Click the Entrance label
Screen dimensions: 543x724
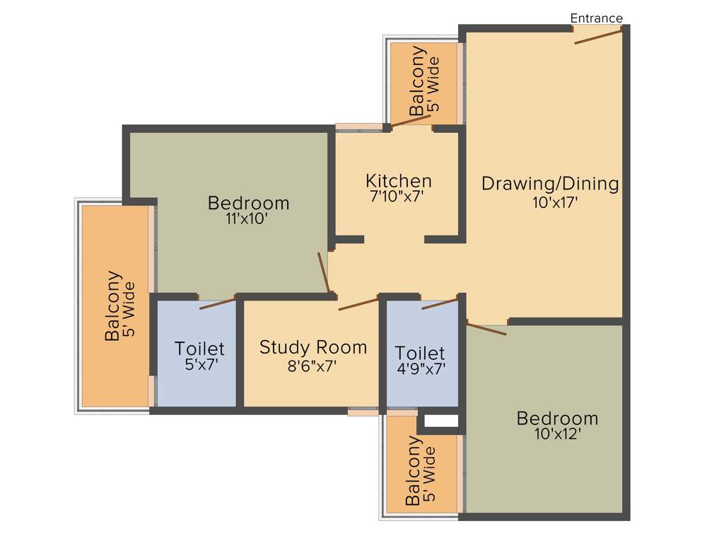596,18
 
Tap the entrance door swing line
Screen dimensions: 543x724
598,36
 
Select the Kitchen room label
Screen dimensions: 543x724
398,180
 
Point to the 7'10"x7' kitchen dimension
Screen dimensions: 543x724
398,197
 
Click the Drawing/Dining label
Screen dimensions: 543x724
550,184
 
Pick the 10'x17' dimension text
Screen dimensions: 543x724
556,202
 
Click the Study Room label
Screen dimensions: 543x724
313,347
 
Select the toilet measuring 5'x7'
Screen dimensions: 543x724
199,354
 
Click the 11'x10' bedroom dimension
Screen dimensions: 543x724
248,220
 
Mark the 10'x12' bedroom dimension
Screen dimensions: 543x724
558,435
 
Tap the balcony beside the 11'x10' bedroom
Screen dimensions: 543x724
117,306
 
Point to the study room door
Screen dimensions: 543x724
358,304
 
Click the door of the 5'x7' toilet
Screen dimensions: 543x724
217,304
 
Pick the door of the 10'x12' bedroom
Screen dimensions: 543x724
486,329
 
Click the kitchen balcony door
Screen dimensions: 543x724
411,121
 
